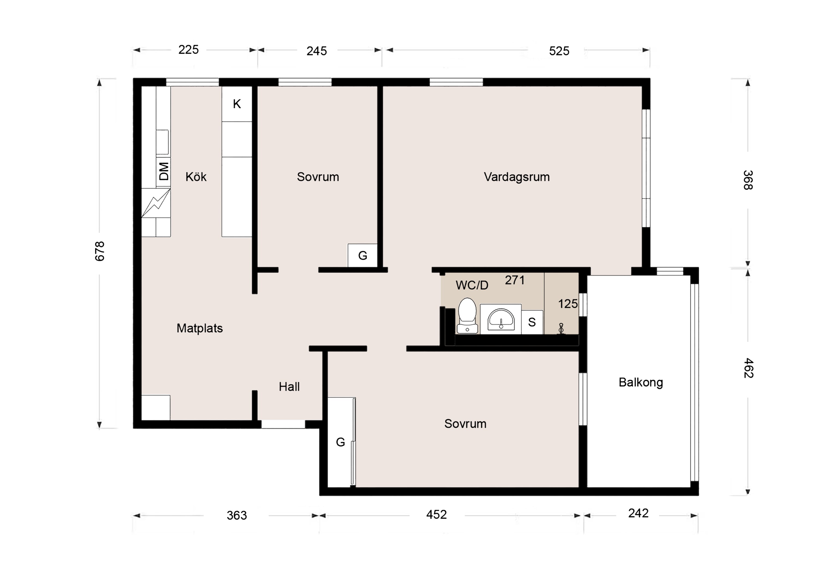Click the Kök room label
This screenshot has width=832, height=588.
tap(196, 177)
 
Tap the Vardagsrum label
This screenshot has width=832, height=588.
tap(517, 177)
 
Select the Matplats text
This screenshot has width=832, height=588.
tap(200, 328)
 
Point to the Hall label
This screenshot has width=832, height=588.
tap(289, 387)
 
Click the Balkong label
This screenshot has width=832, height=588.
tap(641, 382)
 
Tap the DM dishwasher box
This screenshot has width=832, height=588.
tap(163, 172)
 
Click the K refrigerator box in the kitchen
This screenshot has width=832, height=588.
tap(237, 104)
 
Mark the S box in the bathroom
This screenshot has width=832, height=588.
tap(532, 322)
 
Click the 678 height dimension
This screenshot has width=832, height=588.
tap(100, 251)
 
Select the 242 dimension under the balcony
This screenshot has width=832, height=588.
tap(638, 513)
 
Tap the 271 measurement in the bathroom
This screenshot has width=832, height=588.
tap(515, 280)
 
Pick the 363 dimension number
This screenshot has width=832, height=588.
tap(237, 516)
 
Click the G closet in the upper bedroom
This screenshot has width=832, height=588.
tap(363, 255)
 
